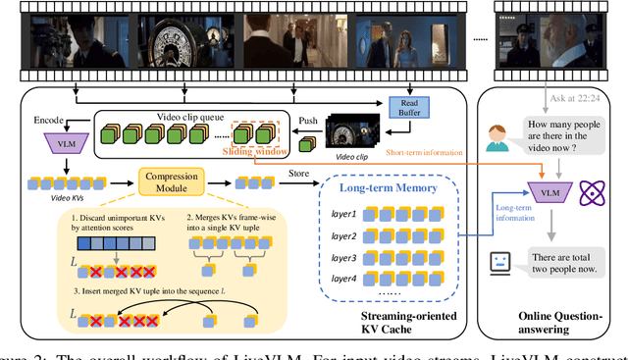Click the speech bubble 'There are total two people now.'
[572, 262]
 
